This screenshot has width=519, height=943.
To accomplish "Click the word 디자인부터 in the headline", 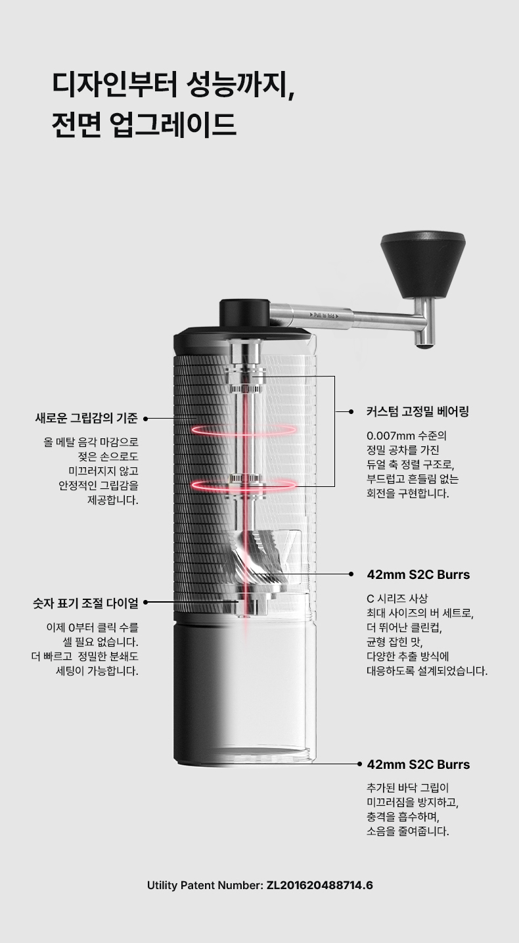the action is (114, 83).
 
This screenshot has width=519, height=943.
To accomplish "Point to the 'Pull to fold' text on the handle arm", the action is (324, 315).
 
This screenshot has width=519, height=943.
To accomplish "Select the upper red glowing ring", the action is (244, 429).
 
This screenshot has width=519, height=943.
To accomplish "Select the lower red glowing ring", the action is (244, 485).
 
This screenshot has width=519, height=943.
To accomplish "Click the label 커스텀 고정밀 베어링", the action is (418, 412).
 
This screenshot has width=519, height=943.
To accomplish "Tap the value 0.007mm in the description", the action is (391, 435).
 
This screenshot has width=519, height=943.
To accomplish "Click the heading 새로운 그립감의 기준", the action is (86, 419).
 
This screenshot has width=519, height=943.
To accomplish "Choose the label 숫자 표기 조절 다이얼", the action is (85, 603).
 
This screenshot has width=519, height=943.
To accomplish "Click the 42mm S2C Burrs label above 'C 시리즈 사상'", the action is (418, 574).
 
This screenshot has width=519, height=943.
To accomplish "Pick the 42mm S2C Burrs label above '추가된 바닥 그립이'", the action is (418, 764).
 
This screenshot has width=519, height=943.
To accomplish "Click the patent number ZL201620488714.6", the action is (320, 885).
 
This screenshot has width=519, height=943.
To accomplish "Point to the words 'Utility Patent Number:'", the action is (205, 885).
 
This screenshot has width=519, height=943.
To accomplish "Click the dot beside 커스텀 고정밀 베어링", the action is (351, 412).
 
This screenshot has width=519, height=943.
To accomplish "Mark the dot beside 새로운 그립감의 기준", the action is (146, 419).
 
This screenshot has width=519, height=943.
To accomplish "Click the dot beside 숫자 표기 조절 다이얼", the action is (146, 603).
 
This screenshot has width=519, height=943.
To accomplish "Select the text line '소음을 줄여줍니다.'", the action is (407, 832).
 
